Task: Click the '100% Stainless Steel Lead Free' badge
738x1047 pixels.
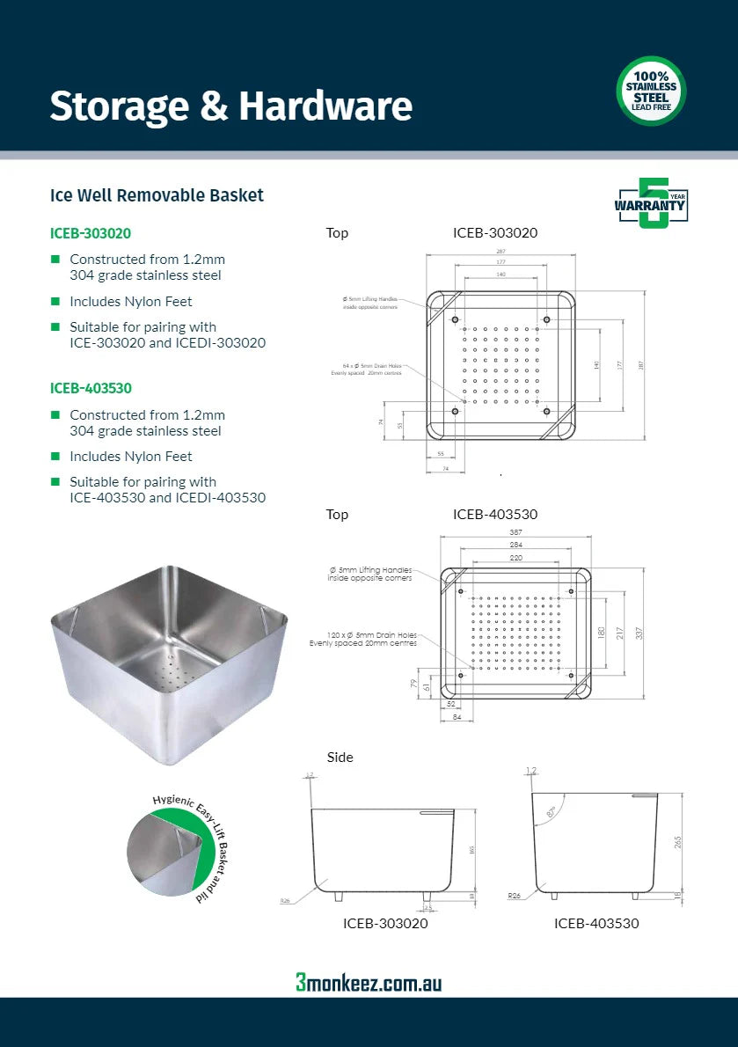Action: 651,91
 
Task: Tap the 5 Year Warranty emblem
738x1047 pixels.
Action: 652,203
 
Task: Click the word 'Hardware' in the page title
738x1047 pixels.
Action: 325,106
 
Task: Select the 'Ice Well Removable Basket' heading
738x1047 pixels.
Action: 157,195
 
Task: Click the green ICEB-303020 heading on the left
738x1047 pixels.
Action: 91,234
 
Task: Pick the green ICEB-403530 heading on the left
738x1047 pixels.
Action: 91,388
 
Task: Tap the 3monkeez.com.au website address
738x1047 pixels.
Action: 369,982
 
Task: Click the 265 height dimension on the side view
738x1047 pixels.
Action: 678,842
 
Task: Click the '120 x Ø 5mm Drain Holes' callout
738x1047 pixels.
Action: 363,639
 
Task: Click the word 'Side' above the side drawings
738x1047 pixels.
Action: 340,757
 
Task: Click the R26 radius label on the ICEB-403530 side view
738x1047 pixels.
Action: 515,896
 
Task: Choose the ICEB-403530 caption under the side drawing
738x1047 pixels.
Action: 596,923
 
